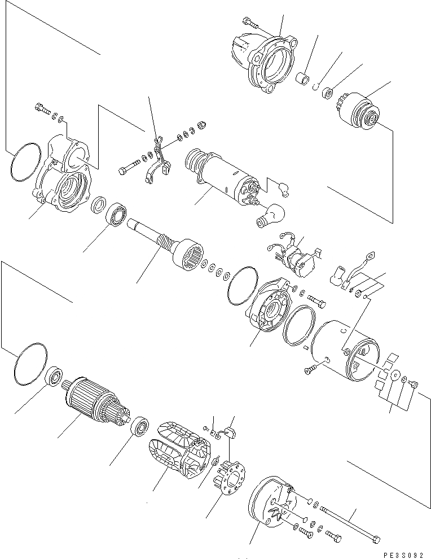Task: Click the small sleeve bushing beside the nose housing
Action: click(305, 79)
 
